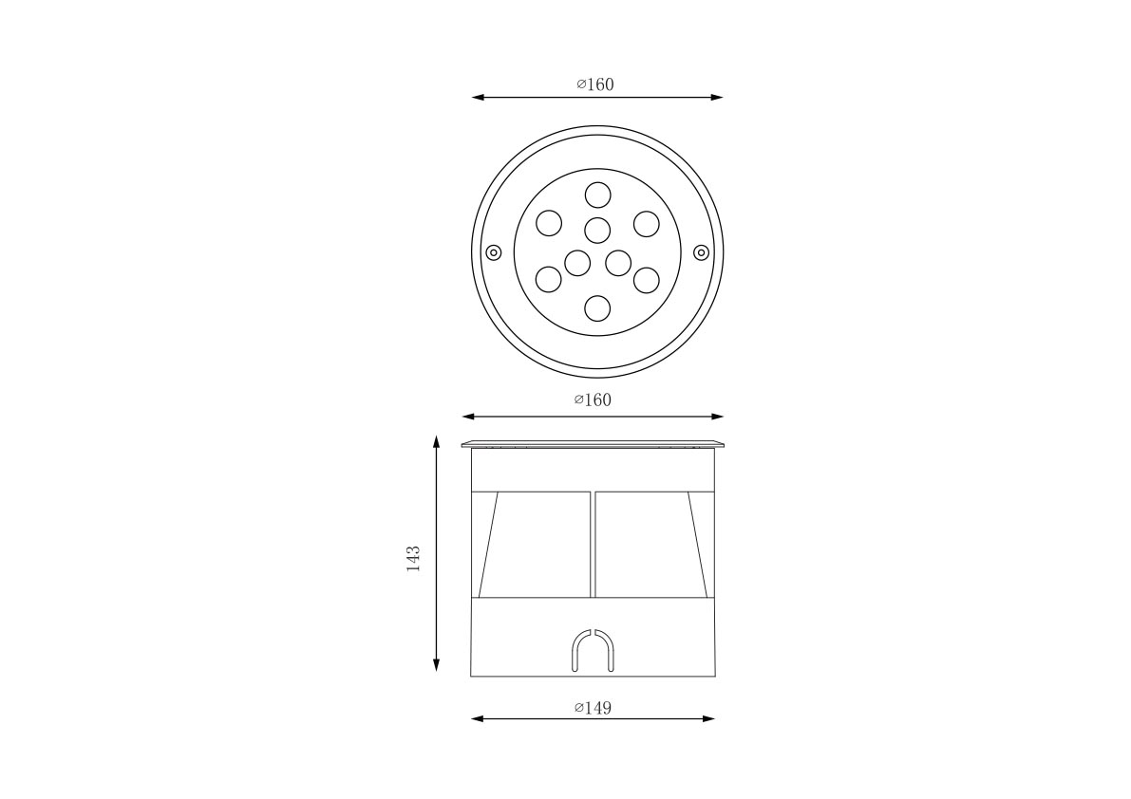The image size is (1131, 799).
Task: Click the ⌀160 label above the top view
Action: point(595,84)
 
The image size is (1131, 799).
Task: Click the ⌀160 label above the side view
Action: point(593,399)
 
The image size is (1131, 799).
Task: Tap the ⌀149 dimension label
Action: point(593,708)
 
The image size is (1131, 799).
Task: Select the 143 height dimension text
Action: point(413,558)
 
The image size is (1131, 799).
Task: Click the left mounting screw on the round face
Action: point(494,252)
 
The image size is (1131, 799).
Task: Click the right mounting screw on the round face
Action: point(701,252)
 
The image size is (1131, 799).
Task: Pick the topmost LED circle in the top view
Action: point(597,195)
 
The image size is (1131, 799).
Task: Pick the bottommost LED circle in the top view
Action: point(597,308)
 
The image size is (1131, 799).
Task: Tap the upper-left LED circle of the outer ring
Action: point(549,223)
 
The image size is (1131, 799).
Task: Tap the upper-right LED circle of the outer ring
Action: point(647,223)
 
